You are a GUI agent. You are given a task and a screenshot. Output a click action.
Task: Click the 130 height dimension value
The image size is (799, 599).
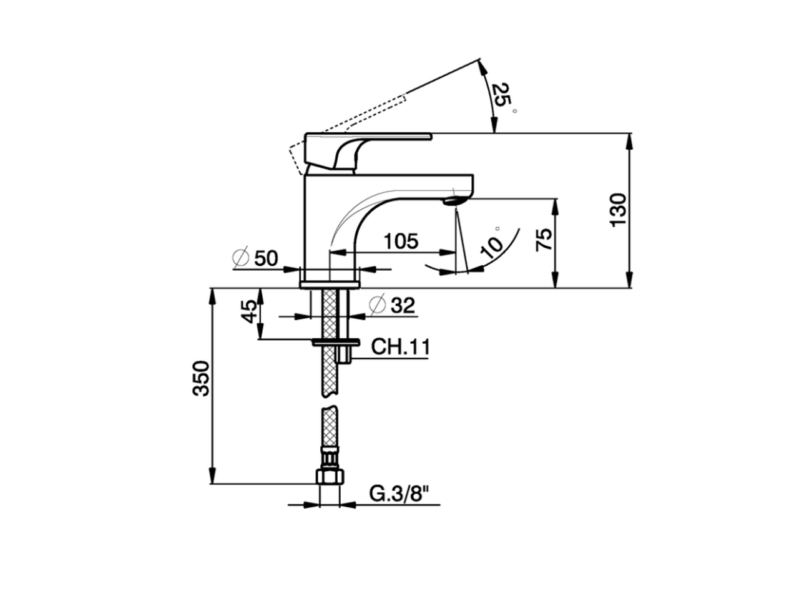click(x=618, y=210)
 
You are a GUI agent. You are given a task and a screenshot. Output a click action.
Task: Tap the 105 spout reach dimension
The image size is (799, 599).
click(x=400, y=241)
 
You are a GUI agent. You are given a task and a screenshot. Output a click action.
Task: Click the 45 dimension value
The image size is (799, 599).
click(x=249, y=311)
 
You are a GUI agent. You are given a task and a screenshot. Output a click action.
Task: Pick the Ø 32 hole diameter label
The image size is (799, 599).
click(x=392, y=305)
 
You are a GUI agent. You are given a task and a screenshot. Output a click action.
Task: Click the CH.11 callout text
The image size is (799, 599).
click(x=400, y=347)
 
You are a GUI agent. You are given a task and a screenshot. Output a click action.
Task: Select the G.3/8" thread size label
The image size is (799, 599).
click(x=400, y=494)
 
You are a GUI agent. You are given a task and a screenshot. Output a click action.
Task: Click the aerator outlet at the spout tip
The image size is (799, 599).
click(x=453, y=201)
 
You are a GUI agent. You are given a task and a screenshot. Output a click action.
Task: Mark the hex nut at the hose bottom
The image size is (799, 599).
click(x=330, y=477)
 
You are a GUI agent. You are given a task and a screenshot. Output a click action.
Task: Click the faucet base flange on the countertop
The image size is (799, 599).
click(x=330, y=285)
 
